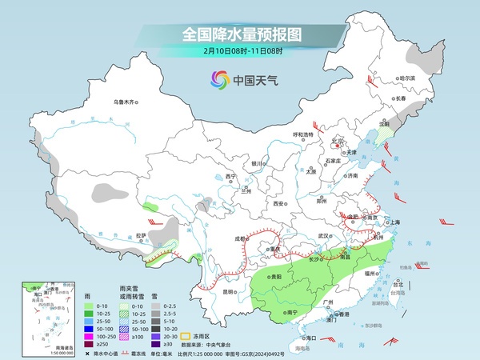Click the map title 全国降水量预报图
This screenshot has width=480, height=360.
tap(239, 34)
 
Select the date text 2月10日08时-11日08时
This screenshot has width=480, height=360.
tap(239, 52)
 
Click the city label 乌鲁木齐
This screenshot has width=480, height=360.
tap(126, 102)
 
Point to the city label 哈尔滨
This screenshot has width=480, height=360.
tap(407, 78)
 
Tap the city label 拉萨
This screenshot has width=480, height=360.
tap(141, 235)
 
